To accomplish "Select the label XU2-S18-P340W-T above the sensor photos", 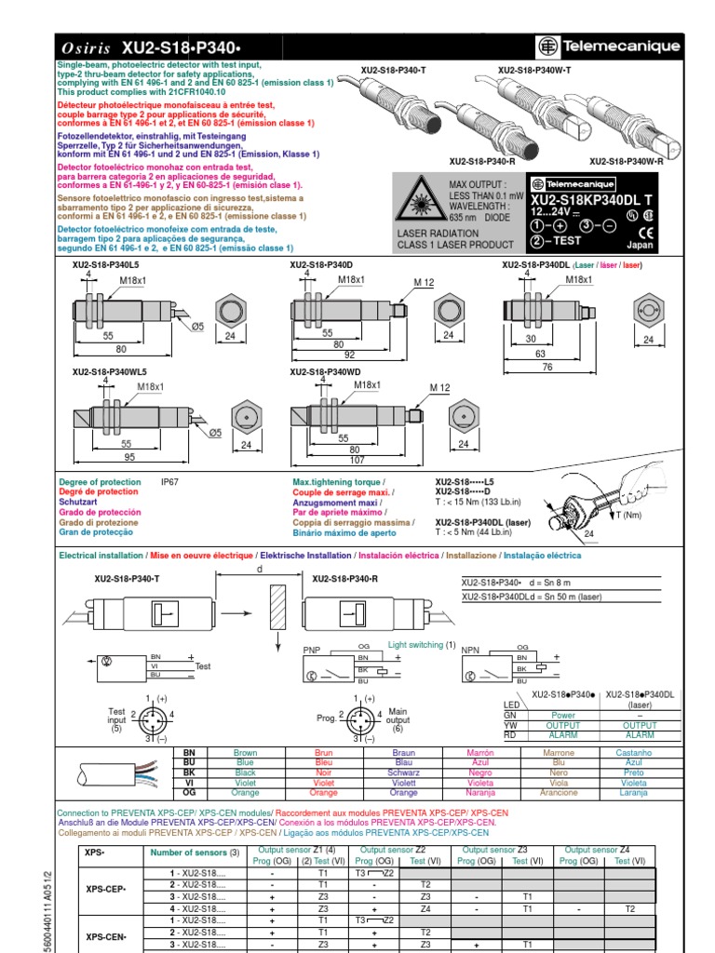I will point(534,70).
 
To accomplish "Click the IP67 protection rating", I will point(169,482).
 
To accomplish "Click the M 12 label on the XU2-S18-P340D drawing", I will point(425,282).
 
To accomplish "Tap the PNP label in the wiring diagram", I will point(312,650).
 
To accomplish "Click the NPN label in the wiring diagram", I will point(470,650).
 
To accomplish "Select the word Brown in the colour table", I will point(245,753).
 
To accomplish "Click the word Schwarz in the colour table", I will point(403,772).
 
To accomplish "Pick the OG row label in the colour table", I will point(190,793).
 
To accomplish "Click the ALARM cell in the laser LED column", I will point(640,735).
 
